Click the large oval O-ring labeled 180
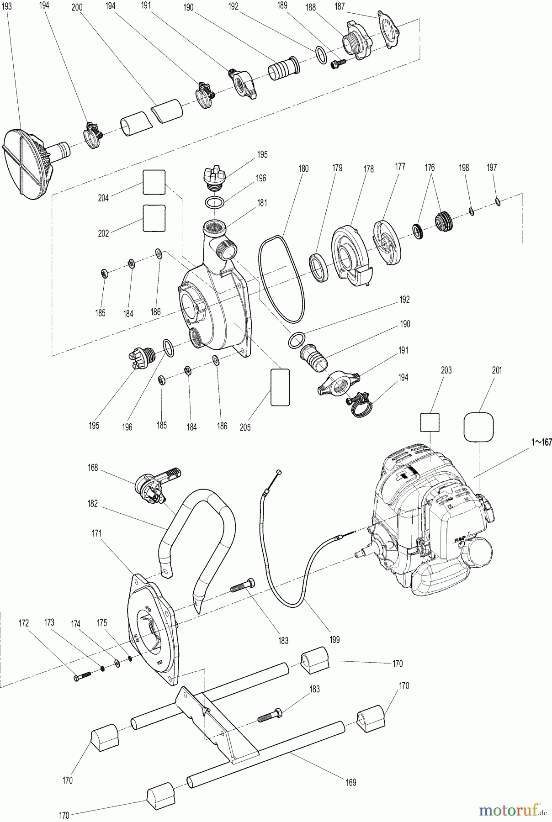(x=280, y=279)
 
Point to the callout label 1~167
(x=541, y=442)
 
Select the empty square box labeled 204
(x=154, y=183)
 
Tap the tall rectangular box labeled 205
(x=280, y=387)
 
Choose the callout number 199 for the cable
(x=334, y=640)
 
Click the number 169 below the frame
(x=350, y=782)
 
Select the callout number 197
(x=492, y=168)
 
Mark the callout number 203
(x=446, y=370)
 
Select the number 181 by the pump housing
(x=262, y=203)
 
